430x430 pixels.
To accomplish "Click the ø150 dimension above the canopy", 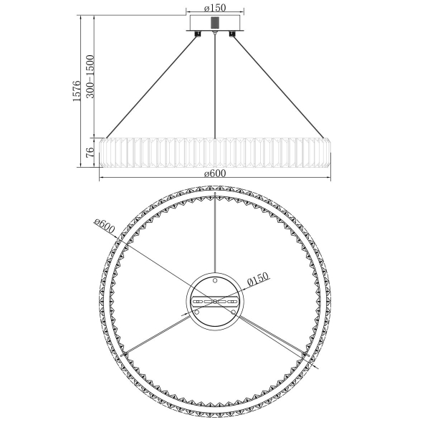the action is [x=215, y=8].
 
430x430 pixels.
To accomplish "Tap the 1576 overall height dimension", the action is [x=77, y=91].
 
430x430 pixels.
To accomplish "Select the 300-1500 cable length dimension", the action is [x=90, y=77].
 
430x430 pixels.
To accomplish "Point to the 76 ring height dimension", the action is [x=90, y=152].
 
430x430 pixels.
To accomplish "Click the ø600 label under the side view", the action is [x=215, y=173].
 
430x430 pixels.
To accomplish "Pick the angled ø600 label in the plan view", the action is [x=104, y=226].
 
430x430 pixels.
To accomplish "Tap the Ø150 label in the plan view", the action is [x=258, y=279].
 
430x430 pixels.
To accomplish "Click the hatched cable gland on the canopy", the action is [x=215, y=22].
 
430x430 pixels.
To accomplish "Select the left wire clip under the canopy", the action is [x=197, y=34].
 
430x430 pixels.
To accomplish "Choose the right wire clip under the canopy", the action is [x=232, y=34].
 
